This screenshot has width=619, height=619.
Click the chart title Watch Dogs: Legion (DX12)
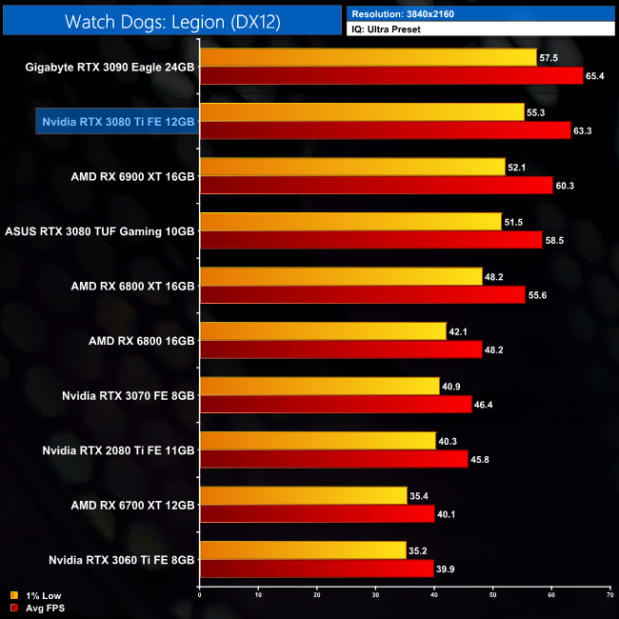pyautogui.click(x=172, y=21)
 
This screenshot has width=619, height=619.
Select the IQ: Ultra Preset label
pyautogui.click(x=387, y=30)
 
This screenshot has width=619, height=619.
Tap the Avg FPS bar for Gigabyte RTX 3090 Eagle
pyautogui.click(x=390, y=75)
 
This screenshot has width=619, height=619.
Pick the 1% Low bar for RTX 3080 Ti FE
pyautogui.click(x=362, y=112)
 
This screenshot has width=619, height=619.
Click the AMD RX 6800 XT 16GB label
pyautogui.click(x=132, y=286)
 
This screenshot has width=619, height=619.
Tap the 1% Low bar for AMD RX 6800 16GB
pyautogui.click(x=323, y=331)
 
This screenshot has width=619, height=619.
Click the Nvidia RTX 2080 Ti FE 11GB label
pyautogui.click(x=119, y=449)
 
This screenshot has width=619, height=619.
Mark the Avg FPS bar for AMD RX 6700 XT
pyautogui.click(x=317, y=514)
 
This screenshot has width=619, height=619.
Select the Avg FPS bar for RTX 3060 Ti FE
pyautogui.click(x=316, y=569)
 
